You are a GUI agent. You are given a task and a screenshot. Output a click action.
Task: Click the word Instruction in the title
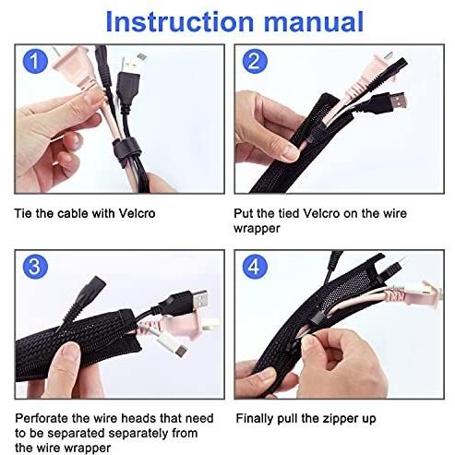tap(180, 21)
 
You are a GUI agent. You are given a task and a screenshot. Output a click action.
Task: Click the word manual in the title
tap(314, 21)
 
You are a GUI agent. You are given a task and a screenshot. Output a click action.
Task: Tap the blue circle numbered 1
tap(35, 61)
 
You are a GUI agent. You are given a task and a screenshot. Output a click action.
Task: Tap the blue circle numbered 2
tap(255, 61)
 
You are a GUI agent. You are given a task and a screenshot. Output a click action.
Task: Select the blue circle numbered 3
tap(35, 267)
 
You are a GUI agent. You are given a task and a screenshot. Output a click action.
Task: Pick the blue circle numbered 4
tap(255, 267)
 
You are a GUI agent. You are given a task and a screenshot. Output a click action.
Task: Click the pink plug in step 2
tap(369, 74)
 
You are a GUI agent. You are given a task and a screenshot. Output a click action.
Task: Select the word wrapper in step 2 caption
tap(257, 229)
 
